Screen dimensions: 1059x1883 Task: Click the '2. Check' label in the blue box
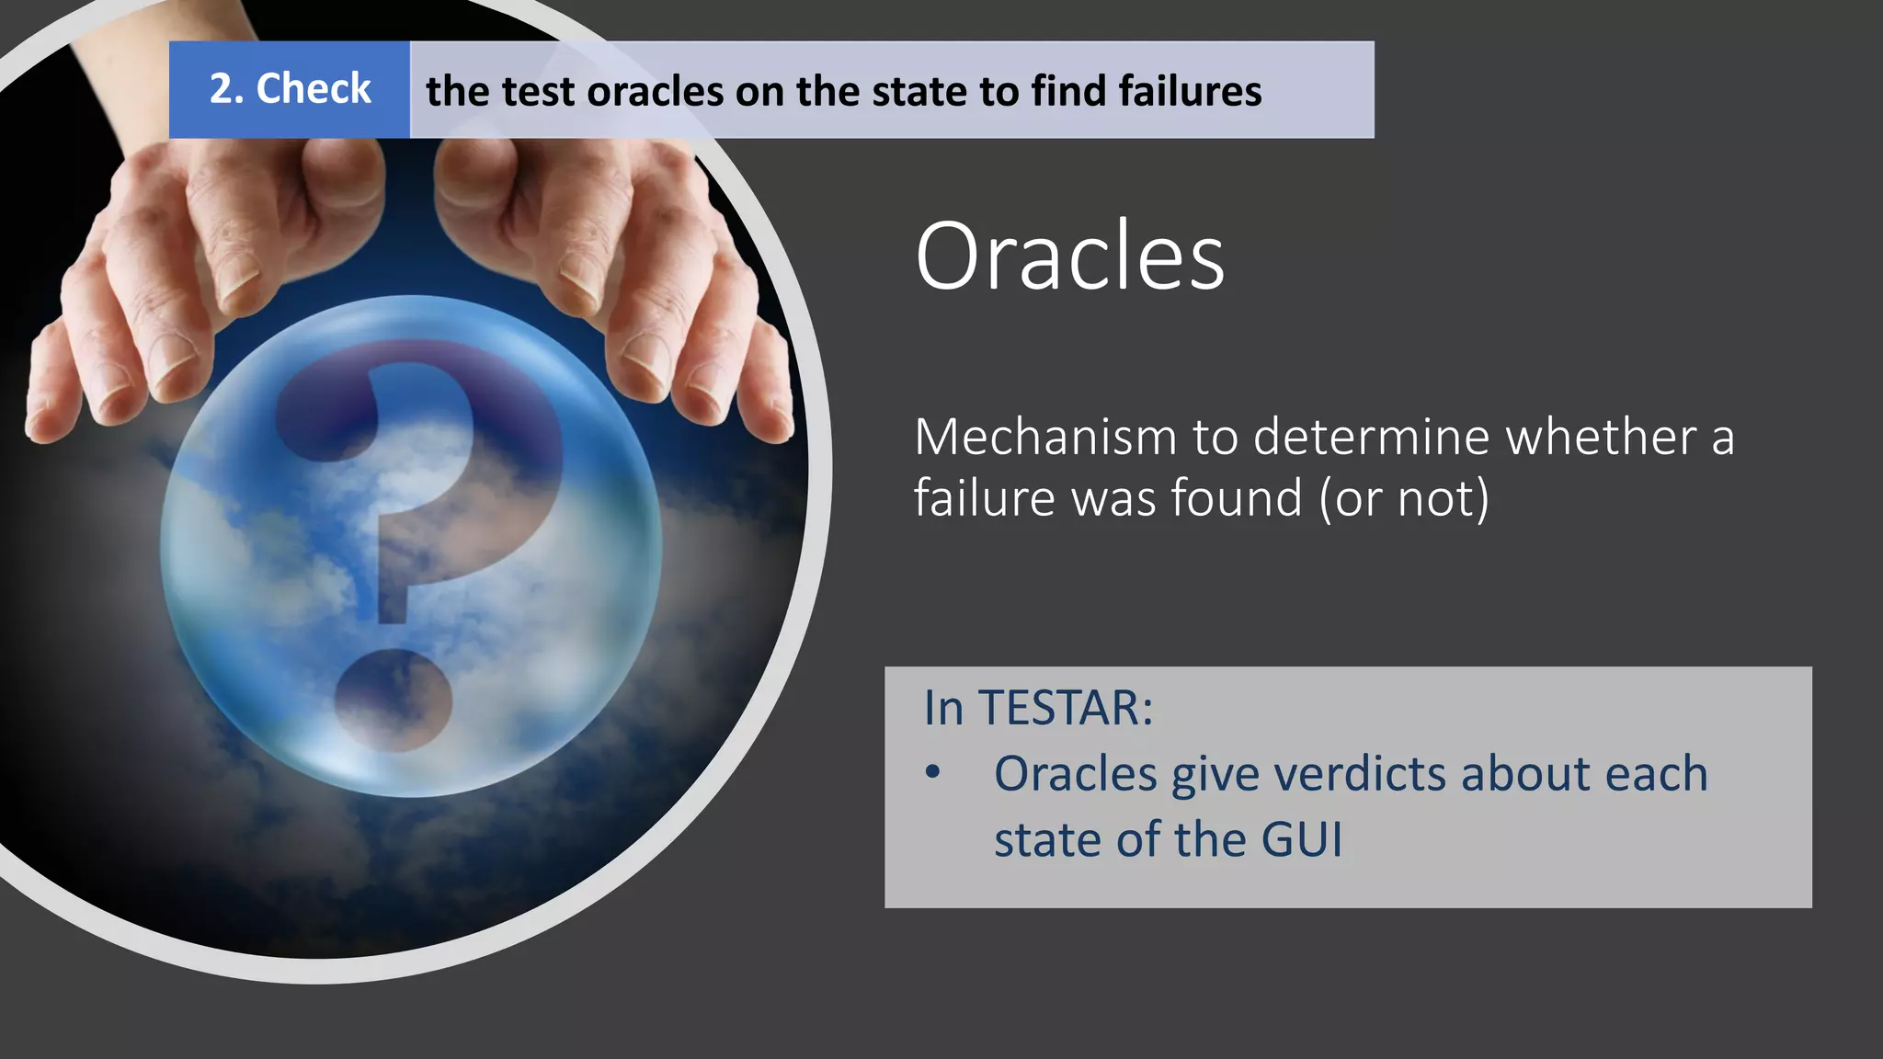tap(290, 89)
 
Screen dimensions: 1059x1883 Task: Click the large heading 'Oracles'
tap(1069, 256)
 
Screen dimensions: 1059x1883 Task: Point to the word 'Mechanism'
tap(1044, 437)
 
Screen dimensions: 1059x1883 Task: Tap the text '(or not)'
tap(1403, 498)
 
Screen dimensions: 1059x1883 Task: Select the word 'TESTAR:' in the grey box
tap(1066, 708)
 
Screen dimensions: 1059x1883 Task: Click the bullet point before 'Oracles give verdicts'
tap(933, 773)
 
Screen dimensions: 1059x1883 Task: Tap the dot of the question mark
tap(393, 699)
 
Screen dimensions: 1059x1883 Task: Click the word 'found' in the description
tap(1236, 498)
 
